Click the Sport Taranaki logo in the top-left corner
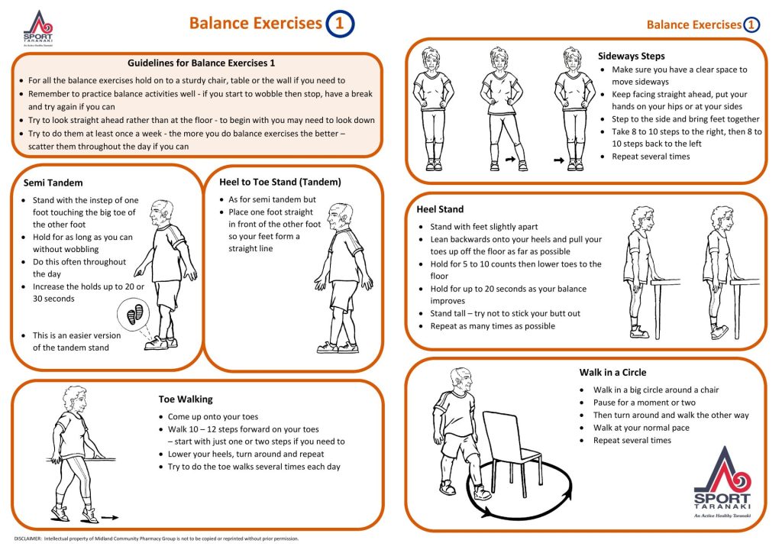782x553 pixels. (38, 29)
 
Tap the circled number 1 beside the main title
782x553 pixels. (339, 24)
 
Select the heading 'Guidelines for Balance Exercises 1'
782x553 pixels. (201, 63)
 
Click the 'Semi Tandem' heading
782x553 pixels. (53, 183)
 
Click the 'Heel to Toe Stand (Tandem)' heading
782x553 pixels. (280, 183)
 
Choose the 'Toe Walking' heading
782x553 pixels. (186, 399)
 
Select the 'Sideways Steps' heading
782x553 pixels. (630, 56)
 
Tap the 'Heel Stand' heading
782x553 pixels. (440, 209)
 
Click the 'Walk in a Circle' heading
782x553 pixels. (612, 373)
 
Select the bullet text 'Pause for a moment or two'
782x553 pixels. (644, 403)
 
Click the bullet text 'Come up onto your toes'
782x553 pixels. (213, 417)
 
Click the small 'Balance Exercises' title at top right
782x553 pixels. (693, 24)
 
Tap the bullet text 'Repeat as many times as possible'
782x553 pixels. (492, 326)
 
